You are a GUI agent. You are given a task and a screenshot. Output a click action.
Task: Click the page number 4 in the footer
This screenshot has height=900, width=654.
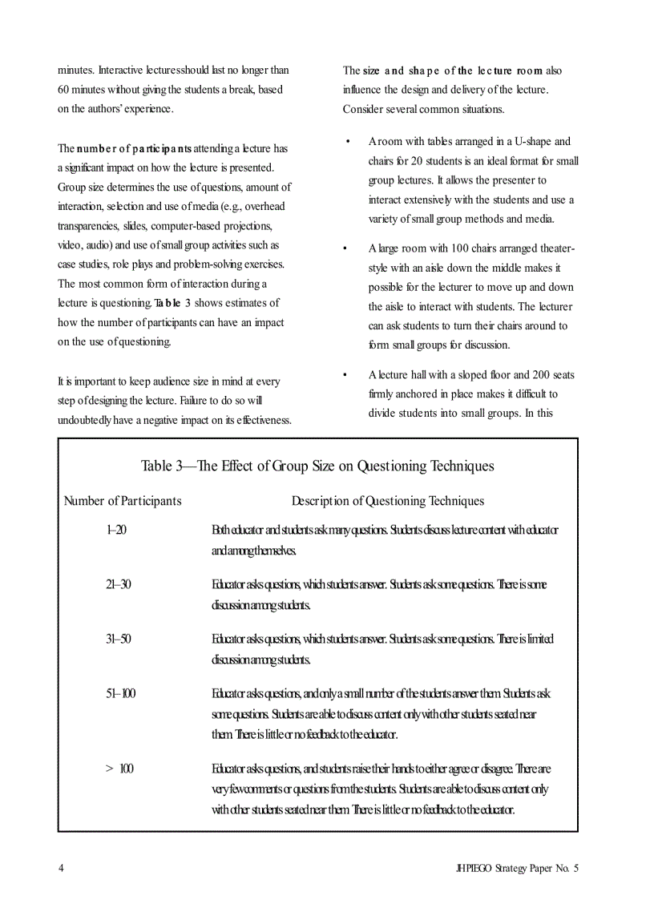[61, 869]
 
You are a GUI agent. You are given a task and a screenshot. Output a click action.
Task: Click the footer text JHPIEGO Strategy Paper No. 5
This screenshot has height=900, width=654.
[515, 869]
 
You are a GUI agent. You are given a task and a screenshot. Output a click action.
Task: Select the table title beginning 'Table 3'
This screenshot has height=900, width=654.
[317, 466]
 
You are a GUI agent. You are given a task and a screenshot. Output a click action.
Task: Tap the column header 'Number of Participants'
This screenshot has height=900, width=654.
[123, 502]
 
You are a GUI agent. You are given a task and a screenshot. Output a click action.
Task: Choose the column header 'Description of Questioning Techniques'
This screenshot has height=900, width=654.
[388, 502]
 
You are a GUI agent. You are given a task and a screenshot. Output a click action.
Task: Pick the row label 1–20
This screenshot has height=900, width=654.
[116, 531]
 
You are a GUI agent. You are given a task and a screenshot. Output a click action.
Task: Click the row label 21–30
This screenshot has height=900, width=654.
[118, 585]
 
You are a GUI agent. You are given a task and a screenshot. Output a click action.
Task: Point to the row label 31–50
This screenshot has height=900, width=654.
[118, 640]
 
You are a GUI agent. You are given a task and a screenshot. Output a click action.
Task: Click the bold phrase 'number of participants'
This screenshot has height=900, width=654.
[134, 149]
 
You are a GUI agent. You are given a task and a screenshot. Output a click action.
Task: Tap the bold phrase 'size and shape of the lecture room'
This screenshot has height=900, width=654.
[453, 71]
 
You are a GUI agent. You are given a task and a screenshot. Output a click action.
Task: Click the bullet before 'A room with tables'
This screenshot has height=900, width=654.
[347, 142]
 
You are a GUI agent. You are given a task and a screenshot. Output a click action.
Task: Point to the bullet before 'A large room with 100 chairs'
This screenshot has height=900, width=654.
[347, 248]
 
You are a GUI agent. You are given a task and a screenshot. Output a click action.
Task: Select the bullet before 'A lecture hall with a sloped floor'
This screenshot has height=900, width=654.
[347, 375]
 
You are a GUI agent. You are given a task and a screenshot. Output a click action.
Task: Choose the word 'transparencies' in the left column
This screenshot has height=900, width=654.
[90, 226]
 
